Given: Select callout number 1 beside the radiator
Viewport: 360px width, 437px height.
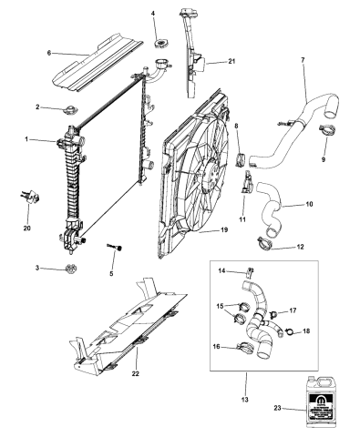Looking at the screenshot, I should [27, 139].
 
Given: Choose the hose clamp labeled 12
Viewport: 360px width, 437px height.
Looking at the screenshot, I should [264, 244].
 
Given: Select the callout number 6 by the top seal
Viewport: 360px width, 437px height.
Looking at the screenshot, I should [48, 54].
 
